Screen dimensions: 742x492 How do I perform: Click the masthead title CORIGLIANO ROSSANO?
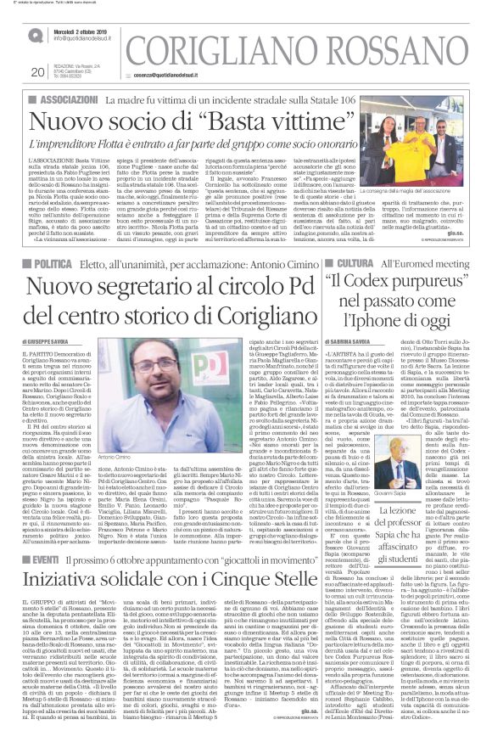tap(298, 50)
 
